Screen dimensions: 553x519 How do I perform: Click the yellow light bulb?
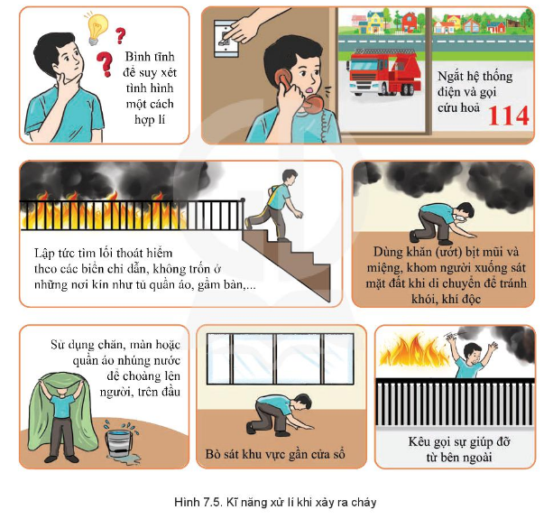coord(96,29)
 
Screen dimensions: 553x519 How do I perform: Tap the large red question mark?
coord(105,64)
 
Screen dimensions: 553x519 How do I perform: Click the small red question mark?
coord(121,35)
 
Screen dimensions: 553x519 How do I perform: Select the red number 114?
coord(509,116)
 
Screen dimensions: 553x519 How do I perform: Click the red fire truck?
coord(383,73)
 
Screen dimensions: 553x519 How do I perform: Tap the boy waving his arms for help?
coord(472,356)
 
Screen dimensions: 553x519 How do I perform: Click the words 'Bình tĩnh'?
coord(150,57)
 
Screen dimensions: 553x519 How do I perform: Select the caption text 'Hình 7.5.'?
coord(198,502)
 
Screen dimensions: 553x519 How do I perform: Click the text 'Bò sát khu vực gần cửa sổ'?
coord(275,454)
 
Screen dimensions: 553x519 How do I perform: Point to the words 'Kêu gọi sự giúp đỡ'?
coord(459,441)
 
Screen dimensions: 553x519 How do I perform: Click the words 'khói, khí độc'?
coord(447,299)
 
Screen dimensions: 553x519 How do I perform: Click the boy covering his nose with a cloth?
coord(442,223)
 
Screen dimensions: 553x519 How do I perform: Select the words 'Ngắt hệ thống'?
coord(475,77)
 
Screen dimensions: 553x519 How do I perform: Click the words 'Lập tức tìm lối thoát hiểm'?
coord(104,253)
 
